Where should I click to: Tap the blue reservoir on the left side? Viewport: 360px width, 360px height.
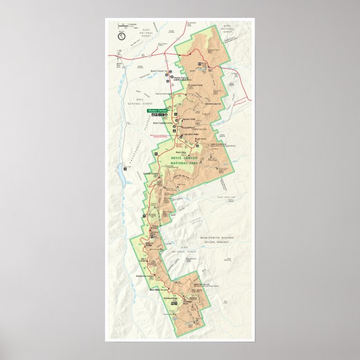click(119, 177)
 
